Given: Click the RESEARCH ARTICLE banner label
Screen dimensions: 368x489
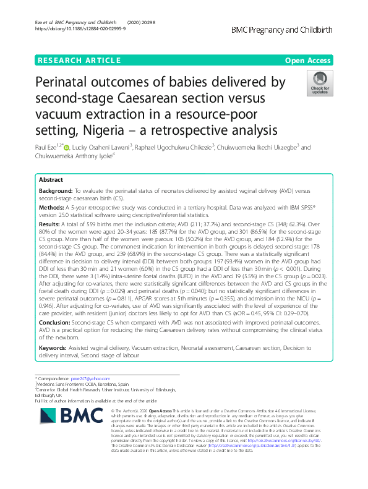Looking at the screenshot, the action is (79, 61).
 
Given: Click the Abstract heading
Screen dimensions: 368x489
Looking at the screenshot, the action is (51, 179).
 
